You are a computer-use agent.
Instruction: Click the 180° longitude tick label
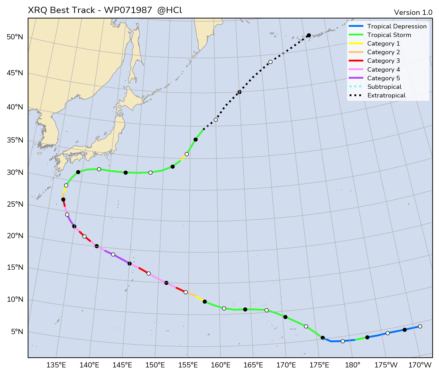point(354,365)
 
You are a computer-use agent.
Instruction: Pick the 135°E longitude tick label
point(56,365)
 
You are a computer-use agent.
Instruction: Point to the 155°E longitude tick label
point(188,365)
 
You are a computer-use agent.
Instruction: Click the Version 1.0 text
point(413,13)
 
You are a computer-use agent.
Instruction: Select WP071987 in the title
point(128,10)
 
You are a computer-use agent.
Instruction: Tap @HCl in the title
point(170,10)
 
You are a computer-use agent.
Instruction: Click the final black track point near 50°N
point(309,35)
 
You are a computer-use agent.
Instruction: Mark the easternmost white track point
point(420,326)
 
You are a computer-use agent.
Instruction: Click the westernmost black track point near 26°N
point(63,199)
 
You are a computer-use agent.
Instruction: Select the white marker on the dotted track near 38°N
point(216,120)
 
